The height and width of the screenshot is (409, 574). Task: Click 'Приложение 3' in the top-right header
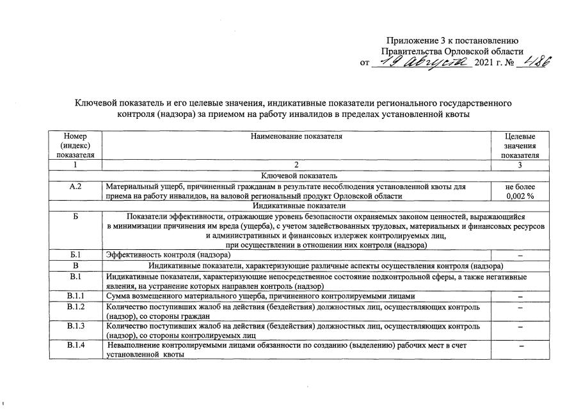pyautogui.click(x=413, y=41)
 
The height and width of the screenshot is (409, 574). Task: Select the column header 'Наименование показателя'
pyautogui.click(x=296, y=136)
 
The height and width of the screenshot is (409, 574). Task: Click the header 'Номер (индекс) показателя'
pyautogui.click(x=75, y=146)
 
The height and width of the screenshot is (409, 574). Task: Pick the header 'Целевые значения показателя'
pyautogui.click(x=520, y=146)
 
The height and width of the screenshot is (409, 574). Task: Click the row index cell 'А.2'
pyautogui.click(x=75, y=187)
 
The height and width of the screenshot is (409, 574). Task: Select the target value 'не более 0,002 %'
pyautogui.click(x=520, y=191)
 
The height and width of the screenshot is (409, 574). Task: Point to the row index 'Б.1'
pyautogui.click(x=75, y=255)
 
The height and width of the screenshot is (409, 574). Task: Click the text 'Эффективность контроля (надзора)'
pyautogui.click(x=168, y=255)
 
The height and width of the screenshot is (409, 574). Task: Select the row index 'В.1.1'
pyautogui.click(x=75, y=297)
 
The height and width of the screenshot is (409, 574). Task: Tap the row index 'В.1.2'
pyautogui.click(x=75, y=307)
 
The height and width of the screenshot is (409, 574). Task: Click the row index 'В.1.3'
pyautogui.click(x=75, y=327)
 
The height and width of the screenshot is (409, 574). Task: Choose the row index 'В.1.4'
pyautogui.click(x=75, y=346)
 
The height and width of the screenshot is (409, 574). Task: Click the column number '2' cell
pyautogui.click(x=296, y=166)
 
